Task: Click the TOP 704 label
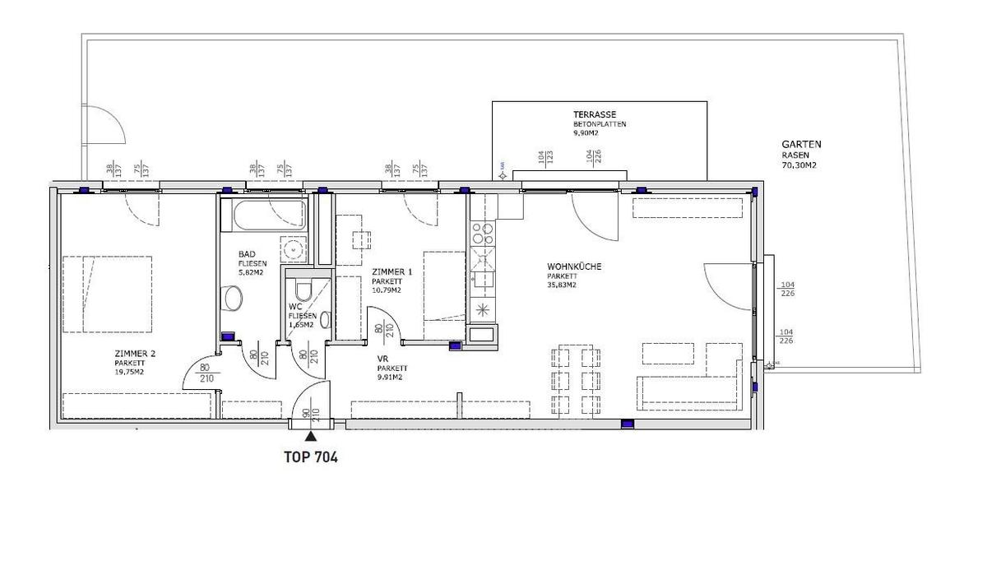pyautogui.click(x=310, y=457)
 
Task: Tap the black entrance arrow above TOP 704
pyautogui.click(x=310, y=438)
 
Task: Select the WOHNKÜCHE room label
pyautogui.click(x=574, y=267)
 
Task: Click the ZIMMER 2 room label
pyautogui.click(x=135, y=354)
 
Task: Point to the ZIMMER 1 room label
pyautogui.click(x=392, y=271)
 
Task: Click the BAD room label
pyautogui.click(x=246, y=254)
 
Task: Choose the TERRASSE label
pyautogui.click(x=595, y=114)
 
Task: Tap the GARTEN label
pyautogui.click(x=801, y=145)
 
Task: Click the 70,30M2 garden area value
pyautogui.click(x=799, y=165)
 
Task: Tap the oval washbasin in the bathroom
pyautogui.click(x=233, y=298)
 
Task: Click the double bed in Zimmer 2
pyautogui.click(x=107, y=294)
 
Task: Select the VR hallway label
pyautogui.click(x=382, y=359)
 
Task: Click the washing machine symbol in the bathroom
pyautogui.click(x=291, y=248)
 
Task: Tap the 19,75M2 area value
pyautogui.click(x=130, y=372)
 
